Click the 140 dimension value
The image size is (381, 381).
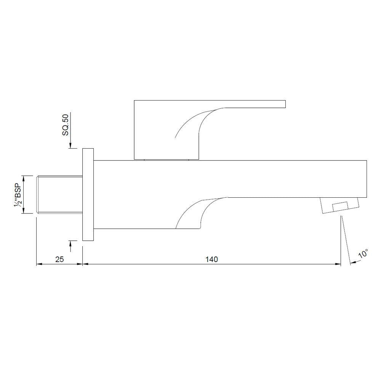coord(211,259)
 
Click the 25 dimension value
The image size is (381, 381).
coord(59,259)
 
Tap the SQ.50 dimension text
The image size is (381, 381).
coord(65,125)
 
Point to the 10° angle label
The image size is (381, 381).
coord(364,254)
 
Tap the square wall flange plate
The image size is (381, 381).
coord(88,195)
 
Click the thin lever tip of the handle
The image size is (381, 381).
coord(267,104)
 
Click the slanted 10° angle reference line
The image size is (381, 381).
coord(345,240)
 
